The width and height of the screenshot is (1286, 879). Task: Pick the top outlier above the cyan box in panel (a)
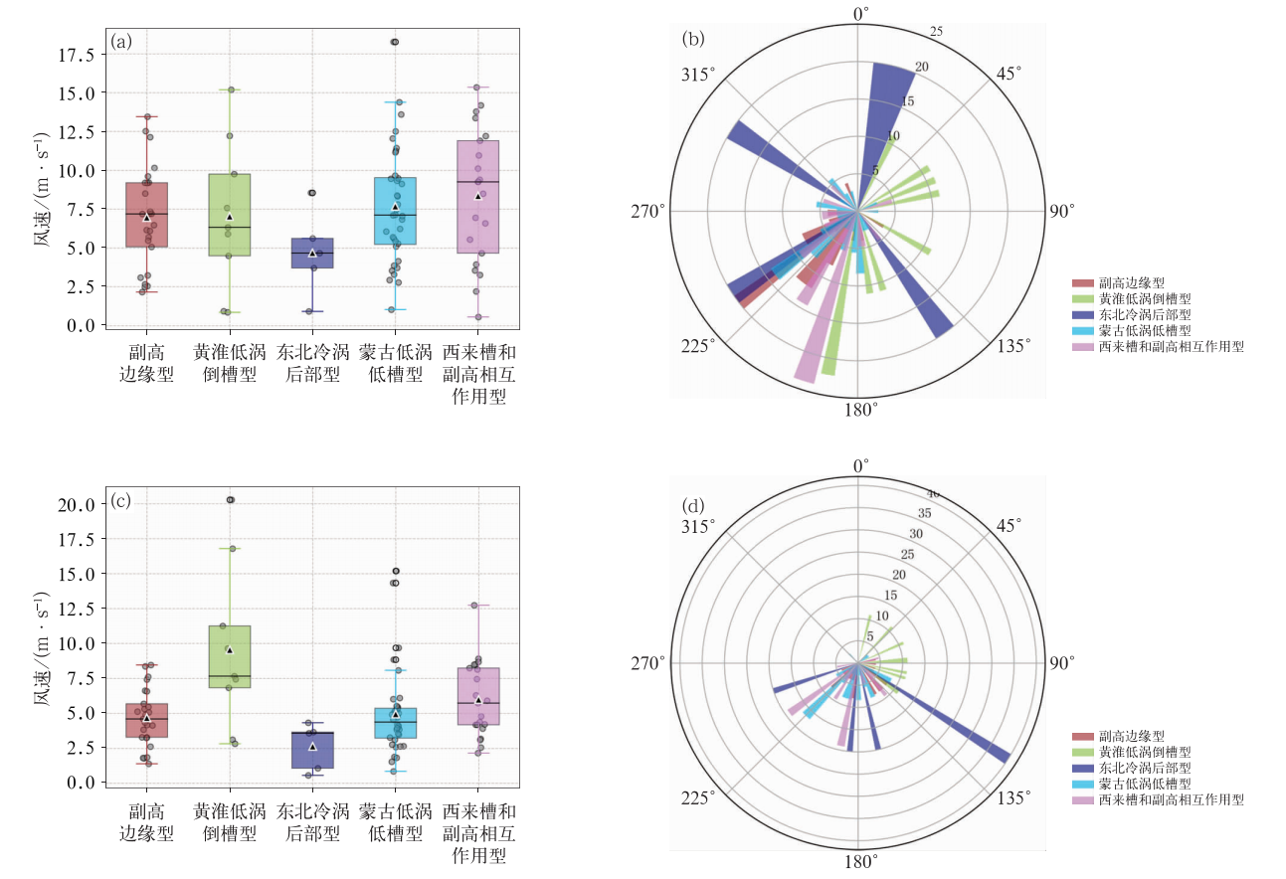(x=395, y=42)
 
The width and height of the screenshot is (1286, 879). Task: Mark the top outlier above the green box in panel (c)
(x=230, y=500)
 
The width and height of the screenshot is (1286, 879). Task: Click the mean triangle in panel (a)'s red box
(x=146, y=216)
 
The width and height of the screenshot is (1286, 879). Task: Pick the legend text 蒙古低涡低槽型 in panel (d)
(x=1144, y=784)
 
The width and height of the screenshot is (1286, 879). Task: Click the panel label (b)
(x=693, y=40)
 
